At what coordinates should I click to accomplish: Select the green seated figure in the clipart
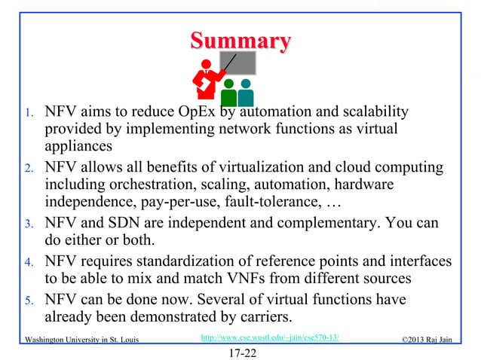pyautogui.click(x=228, y=93)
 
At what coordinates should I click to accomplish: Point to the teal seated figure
pyautogui.click(x=246, y=93)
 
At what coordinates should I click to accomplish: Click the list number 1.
pyautogui.click(x=24, y=115)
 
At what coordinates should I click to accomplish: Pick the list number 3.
pyautogui.click(x=24, y=224)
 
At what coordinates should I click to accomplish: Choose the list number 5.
pyautogui.click(x=24, y=301)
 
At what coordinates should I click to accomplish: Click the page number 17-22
pyautogui.click(x=240, y=352)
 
